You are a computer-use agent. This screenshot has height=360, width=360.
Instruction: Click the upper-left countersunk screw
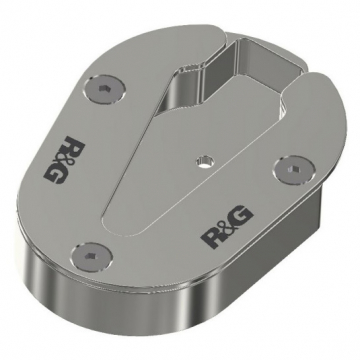(105, 89)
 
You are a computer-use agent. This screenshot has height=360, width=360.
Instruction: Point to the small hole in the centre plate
(205, 162)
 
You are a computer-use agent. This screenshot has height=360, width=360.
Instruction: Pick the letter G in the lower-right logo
(241, 218)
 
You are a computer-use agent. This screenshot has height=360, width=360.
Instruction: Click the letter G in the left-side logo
(55, 173)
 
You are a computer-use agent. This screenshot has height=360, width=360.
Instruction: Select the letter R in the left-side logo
(74, 146)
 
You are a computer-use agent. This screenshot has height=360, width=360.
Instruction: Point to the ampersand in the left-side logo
(66, 159)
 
